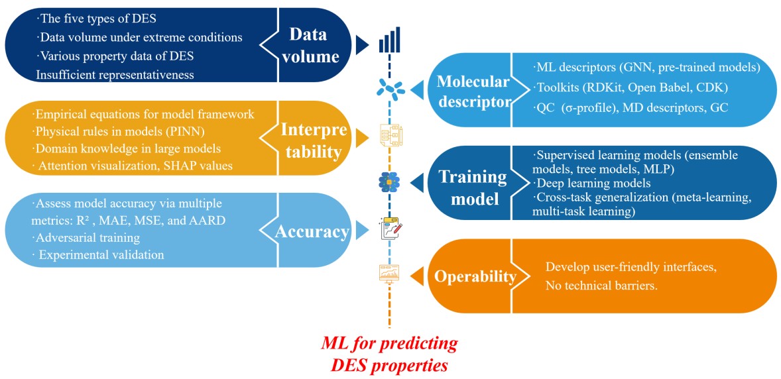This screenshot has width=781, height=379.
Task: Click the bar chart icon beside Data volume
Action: (x=389, y=41)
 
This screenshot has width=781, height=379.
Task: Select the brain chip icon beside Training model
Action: (x=389, y=180)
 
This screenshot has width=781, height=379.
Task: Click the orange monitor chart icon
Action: (x=389, y=273)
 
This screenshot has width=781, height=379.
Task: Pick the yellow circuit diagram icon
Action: (x=389, y=136)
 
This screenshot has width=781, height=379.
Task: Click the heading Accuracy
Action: (x=313, y=231)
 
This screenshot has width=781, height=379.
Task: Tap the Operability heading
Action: (x=475, y=276)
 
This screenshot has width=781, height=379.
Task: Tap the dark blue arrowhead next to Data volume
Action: (x=362, y=44)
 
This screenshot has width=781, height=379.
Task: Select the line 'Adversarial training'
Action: (x=88, y=237)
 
